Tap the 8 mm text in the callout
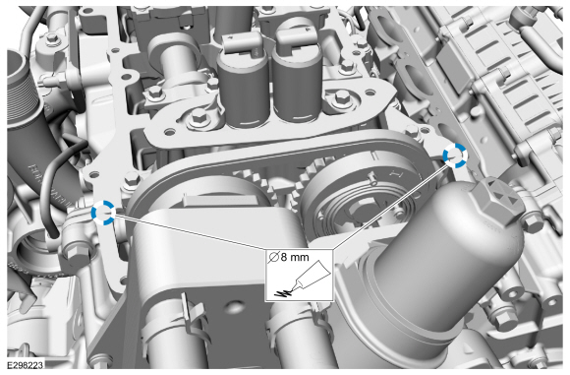[295, 257]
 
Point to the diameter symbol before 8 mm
[273, 258]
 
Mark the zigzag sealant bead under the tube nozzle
[284, 291]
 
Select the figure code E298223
[26, 364]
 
